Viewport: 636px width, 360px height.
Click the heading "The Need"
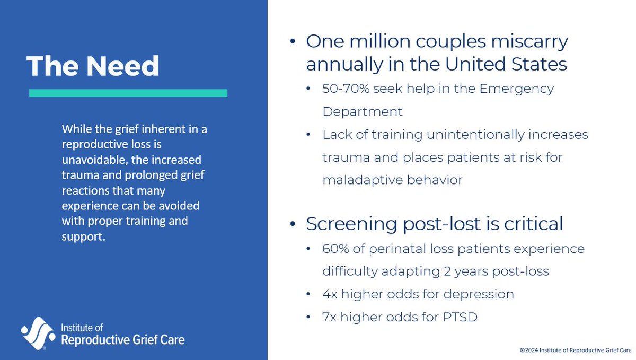click(93, 66)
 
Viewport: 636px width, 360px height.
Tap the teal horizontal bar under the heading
click(128, 93)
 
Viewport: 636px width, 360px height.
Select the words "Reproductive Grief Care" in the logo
click(123, 339)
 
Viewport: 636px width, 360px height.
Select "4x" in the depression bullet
click(329, 294)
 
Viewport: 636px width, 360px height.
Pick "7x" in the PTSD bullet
click(329, 317)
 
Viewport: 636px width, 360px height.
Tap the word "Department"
click(363, 112)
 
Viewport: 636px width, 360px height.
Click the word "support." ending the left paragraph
click(84, 235)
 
